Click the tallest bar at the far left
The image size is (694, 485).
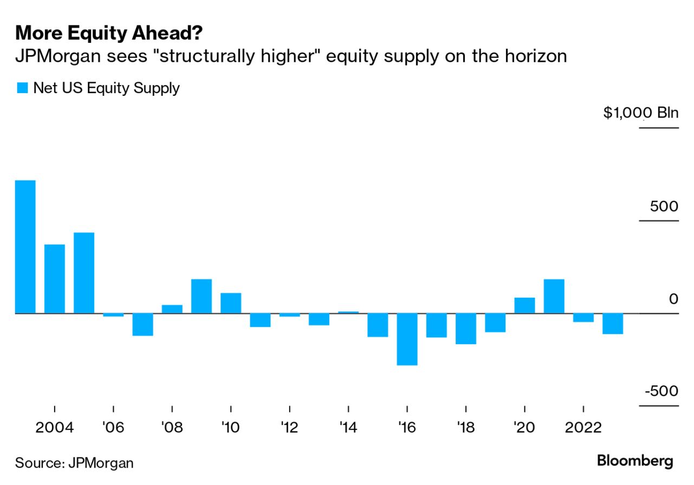pos(25,247)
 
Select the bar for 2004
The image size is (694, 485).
pos(55,279)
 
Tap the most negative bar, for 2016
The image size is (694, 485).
pos(407,339)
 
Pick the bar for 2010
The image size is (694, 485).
pos(231,303)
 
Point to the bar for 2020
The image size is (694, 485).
pos(524,305)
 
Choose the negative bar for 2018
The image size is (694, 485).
pos(466,329)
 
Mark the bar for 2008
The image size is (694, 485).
pos(172,309)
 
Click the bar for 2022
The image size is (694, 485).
pos(583,318)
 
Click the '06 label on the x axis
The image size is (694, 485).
pos(113,428)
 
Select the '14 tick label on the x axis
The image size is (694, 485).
pos(348,428)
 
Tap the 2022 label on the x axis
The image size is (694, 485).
pos(583,428)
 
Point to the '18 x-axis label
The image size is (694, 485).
pos(466,428)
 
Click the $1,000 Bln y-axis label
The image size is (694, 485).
pos(641,113)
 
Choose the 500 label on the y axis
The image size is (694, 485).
pos(662,206)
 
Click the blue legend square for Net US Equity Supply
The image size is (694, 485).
pos(22,88)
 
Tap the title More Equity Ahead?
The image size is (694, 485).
pos(109,34)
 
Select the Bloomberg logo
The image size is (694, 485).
pos(635,461)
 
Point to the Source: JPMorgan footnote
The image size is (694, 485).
pos(74,463)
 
